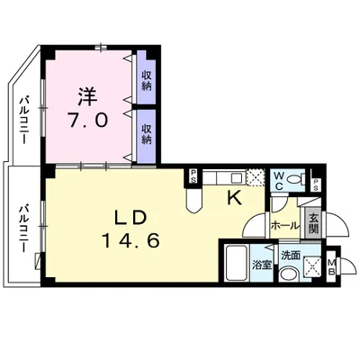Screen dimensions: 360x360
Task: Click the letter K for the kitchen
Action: pos(231,197)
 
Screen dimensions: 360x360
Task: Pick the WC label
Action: pos(279,179)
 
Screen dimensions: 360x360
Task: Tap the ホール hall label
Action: pos(284,226)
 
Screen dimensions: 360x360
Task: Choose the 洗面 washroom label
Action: pos(291,255)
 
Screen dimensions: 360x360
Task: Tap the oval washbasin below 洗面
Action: pos(286,274)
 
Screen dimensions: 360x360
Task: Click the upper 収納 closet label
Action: pos(147,80)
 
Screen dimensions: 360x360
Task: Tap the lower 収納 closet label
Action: pos(147,135)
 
